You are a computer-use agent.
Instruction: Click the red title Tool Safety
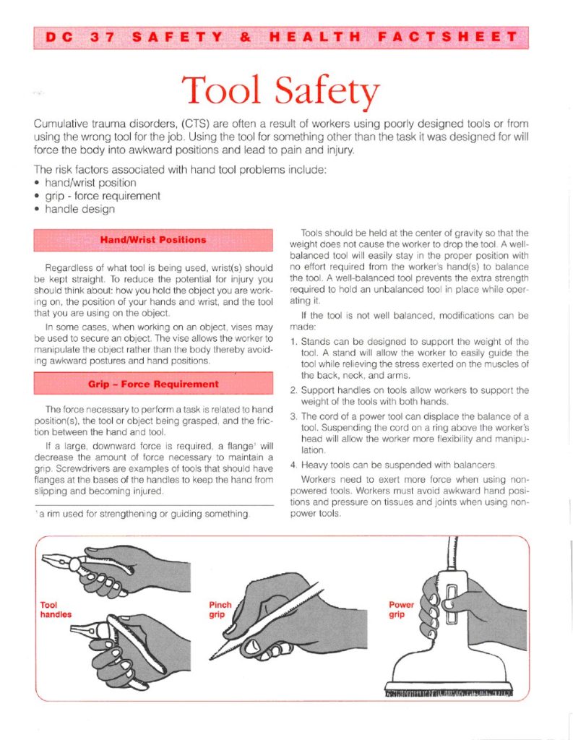pos(280,91)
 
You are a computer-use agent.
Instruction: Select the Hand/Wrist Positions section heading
pos(152,239)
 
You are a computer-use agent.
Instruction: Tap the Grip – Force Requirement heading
pos(152,384)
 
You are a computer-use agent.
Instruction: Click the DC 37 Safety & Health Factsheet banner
pos(280,38)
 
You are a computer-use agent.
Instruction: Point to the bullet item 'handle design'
pos(78,210)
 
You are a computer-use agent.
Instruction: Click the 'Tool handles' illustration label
pos(56,609)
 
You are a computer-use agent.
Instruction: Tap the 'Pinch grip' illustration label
pos(220,609)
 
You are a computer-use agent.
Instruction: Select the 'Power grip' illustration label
pos(401,609)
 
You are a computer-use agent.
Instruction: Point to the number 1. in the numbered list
pos(293,341)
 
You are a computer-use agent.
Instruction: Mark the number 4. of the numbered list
pos(293,465)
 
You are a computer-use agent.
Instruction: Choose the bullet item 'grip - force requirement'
pos(101,196)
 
